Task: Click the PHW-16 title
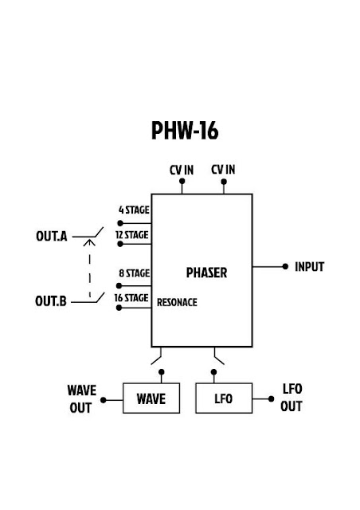(185, 131)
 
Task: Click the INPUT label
(309, 267)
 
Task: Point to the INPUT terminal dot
(285, 267)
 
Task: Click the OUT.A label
(52, 236)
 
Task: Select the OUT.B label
(51, 301)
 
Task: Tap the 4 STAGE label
(134, 210)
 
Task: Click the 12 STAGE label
(132, 235)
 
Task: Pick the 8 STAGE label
(135, 273)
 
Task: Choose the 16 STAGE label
(131, 298)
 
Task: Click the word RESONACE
(177, 303)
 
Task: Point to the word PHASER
(206, 273)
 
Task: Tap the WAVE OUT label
(81, 398)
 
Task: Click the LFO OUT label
(292, 398)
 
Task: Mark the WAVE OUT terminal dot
(103, 400)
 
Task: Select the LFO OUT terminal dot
(272, 398)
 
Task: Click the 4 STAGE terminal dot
(120, 223)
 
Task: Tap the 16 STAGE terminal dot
(119, 308)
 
